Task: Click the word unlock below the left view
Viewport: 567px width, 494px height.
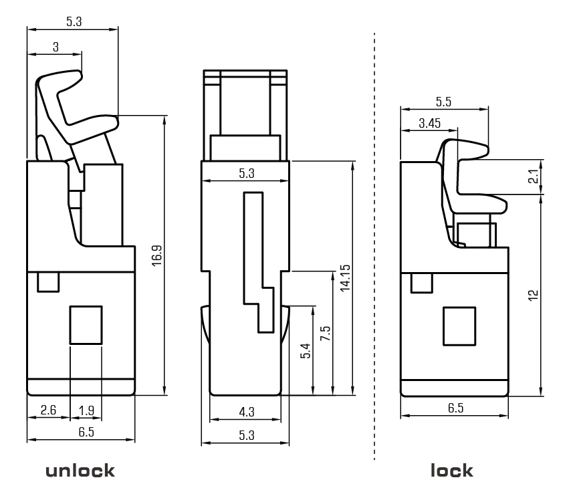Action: coord(80,470)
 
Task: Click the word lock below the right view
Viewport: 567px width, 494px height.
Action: coord(452,470)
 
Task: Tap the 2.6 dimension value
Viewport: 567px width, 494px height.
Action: coord(47,410)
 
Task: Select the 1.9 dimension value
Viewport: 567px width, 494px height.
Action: coord(86,410)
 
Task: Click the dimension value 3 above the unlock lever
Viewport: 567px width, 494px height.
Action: coord(55,47)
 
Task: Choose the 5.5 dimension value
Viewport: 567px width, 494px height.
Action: coord(443,102)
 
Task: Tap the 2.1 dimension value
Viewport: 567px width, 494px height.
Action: coord(533,176)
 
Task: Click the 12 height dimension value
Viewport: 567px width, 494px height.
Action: coord(533,295)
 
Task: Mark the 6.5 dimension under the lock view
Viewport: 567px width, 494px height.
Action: coord(455,408)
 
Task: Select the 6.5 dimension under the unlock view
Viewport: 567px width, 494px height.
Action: coord(86,432)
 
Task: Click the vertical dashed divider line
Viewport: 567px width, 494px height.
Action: coord(374,247)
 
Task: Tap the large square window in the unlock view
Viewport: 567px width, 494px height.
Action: coord(86,325)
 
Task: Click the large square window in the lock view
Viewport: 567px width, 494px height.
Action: coord(459,326)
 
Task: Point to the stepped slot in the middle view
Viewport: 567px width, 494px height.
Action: coord(257,261)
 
